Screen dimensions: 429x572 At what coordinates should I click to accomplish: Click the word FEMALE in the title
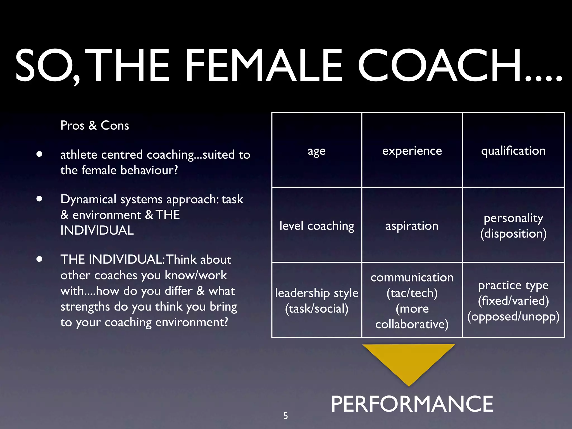[263, 66]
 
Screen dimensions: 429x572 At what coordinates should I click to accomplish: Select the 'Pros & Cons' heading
[95, 125]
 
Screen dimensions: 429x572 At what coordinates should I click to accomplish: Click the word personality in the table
[513, 218]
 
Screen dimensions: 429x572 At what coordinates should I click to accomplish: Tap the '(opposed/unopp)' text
[513, 317]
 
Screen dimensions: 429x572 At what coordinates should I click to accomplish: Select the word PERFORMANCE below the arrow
[412, 404]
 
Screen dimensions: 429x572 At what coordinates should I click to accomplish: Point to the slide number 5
[285, 416]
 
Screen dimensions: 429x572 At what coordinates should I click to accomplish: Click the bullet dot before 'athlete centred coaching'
[39, 154]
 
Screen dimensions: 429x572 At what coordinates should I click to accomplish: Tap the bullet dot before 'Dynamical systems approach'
[39, 199]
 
